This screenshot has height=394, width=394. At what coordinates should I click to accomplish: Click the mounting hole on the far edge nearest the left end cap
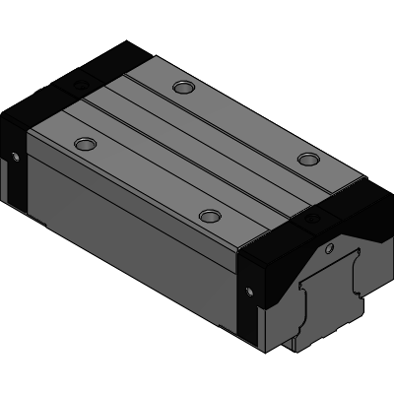181,87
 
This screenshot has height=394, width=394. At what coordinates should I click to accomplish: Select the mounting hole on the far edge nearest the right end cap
309,159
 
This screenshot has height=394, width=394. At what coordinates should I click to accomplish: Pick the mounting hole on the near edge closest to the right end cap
208,215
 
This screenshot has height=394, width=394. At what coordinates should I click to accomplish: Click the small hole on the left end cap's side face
16,155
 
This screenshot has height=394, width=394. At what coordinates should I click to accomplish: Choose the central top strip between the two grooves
197,148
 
